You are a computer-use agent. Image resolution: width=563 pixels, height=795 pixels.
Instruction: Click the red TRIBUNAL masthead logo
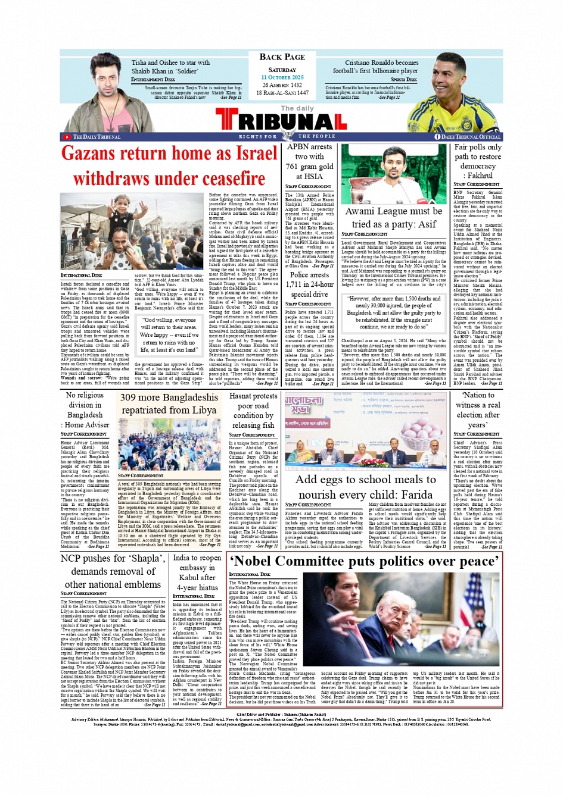(x=281, y=121)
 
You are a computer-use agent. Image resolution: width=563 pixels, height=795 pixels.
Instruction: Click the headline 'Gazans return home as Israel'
(x=169, y=154)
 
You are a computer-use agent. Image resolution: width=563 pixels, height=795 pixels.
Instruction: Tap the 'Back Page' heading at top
(x=282, y=57)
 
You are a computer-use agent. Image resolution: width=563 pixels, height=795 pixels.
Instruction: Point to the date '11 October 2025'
(x=282, y=77)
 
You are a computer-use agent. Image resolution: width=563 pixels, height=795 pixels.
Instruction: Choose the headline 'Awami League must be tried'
(x=394, y=218)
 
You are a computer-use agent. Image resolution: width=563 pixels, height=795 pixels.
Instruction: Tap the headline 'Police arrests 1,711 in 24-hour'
(x=309, y=284)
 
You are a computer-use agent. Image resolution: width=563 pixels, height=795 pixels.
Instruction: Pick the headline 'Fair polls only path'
(x=478, y=161)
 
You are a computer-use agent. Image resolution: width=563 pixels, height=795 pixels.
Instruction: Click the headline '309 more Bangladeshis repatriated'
(x=169, y=403)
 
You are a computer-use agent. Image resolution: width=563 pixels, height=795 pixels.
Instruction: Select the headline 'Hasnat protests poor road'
(x=253, y=411)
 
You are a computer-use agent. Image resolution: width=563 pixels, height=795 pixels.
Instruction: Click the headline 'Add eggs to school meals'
(x=365, y=487)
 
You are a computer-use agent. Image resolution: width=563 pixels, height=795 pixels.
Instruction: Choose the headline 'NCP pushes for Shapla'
(x=113, y=571)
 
